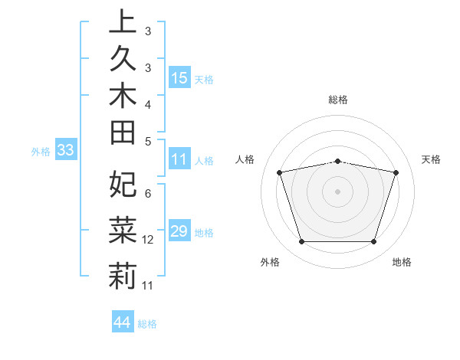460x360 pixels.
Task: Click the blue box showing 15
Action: click(179, 78)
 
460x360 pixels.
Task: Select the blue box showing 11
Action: click(179, 160)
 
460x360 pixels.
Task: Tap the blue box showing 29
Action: click(179, 232)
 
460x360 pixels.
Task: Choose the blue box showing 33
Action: click(65, 151)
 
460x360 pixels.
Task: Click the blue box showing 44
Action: click(123, 322)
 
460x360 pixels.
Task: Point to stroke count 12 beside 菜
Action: click(148, 240)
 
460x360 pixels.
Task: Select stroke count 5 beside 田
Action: click(147, 141)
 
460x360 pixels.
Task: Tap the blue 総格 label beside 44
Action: click(147, 324)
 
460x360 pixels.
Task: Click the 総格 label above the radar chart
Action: click(338, 100)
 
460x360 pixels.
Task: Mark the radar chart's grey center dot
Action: click(338, 191)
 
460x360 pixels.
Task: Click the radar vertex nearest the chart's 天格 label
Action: click(396, 172)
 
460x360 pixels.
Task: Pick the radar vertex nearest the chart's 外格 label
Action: click(302, 242)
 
